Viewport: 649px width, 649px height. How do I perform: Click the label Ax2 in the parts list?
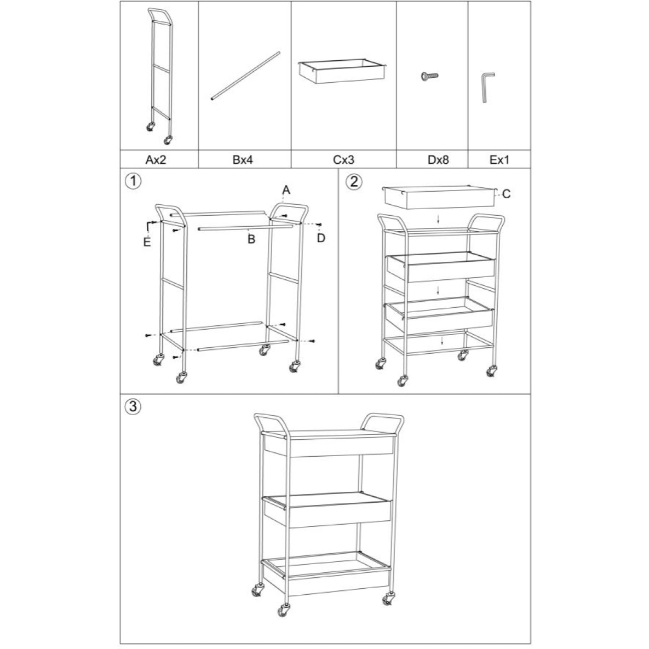click(159, 160)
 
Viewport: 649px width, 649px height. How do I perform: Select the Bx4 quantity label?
click(243, 160)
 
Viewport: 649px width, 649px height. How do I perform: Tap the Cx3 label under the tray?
click(344, 160)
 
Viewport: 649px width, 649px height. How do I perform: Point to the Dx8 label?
click(438, 160)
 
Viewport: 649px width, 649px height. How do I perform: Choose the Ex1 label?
click(499, 160)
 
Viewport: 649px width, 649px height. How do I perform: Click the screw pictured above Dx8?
click(430, 76)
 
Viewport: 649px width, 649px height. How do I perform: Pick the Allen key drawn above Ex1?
click(487, 87)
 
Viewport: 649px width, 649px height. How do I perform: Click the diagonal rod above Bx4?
click(245, 76)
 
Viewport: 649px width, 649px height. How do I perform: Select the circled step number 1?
click(131, 180)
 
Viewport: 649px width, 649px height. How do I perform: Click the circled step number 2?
click(354, 181)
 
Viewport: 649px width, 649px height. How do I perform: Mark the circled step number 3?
click(133, 406)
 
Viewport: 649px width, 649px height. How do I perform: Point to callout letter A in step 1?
click(286, 190)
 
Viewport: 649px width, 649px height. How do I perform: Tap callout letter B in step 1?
click(251, 239)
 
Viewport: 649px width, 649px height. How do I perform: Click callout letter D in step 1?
click(321, 238)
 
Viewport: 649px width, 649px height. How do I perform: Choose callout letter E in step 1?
click(147, 242)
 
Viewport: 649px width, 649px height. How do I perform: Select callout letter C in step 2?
click(506, 194)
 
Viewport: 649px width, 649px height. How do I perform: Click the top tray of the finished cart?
click(329, 444)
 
